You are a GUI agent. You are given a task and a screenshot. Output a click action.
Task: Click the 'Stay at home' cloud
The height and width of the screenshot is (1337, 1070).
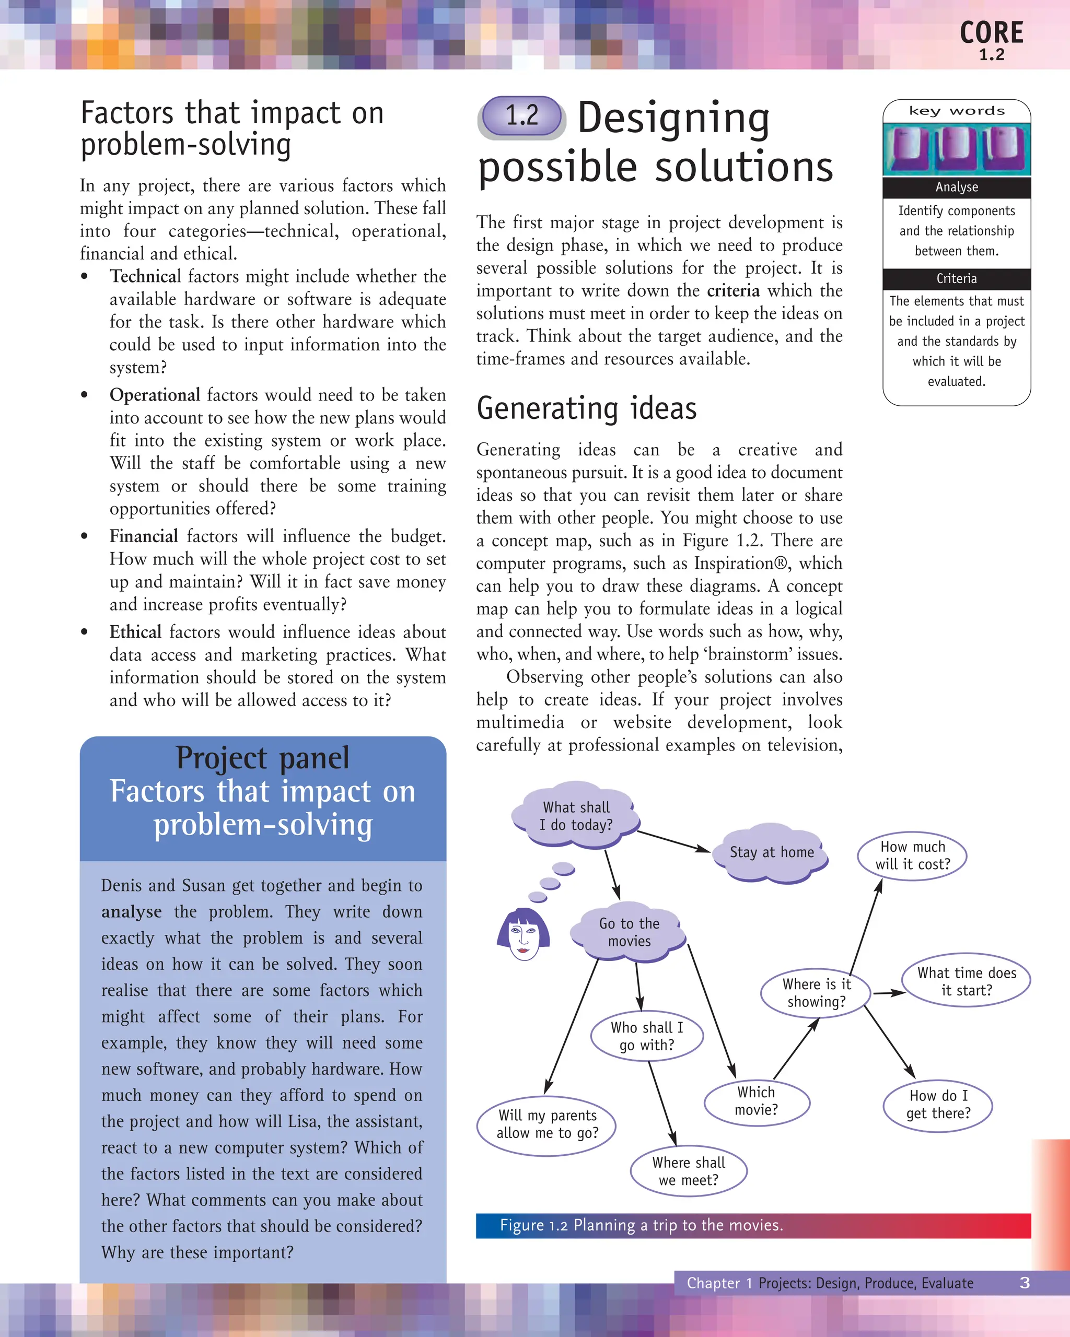(771, 852)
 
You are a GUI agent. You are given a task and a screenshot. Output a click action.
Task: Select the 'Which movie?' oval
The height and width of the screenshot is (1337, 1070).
(757, 1101)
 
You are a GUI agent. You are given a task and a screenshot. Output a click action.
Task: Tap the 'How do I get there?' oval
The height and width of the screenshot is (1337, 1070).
(938, 1105)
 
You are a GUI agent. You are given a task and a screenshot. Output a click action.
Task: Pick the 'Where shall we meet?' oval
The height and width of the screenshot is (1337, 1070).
(689, 1171)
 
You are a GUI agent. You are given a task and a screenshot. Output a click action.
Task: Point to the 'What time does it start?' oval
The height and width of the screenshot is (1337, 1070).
(967, 981)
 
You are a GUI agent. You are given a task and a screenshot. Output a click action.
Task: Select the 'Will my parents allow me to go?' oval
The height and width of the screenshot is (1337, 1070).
(547, 1124)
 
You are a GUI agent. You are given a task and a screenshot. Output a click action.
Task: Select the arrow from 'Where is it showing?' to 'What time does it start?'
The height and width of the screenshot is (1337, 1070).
(889, 993)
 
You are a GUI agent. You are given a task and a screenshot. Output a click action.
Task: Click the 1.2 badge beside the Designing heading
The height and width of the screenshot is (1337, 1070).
(521, 116)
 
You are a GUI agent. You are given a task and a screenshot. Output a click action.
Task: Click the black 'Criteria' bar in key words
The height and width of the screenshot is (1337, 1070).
(957, 279)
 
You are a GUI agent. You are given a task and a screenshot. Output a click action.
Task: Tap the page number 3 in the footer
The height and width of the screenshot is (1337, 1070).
(1025, 1283)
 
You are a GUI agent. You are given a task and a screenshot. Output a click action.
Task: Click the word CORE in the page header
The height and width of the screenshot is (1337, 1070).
(991, 33)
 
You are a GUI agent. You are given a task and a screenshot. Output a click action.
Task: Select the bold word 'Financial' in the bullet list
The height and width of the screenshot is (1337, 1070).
(144, 536)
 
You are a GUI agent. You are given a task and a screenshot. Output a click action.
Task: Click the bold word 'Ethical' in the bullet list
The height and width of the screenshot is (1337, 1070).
(136, 632)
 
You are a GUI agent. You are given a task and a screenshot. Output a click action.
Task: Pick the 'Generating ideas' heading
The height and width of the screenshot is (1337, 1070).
(587, 408)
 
